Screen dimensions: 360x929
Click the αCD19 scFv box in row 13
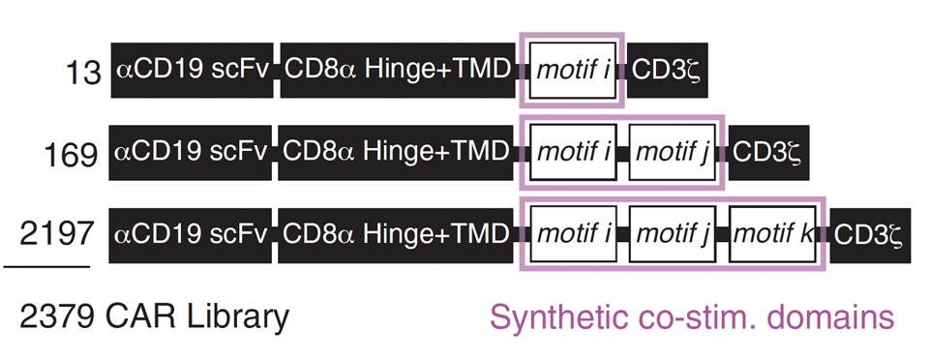[x=193, y=71]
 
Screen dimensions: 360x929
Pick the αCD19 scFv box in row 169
[x=193, y=152]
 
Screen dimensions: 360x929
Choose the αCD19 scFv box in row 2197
[x=193, y=233]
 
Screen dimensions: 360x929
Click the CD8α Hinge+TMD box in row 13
[x=397, y=71]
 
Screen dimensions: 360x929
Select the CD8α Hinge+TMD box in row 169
[x=397, y=152]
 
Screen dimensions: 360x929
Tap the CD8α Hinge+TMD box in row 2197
[x=397, y=233]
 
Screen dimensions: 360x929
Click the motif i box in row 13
[x=573, y=71]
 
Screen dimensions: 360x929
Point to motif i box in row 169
[x=573, y=152]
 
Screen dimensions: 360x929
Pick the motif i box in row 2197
[x=573, y=233]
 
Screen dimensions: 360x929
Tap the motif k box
[x=773, y=233]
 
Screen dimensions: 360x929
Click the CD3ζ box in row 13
[x=666, y=71]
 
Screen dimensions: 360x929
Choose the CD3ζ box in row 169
[x=768, y=152]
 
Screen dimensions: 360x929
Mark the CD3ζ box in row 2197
[x=870, y=233]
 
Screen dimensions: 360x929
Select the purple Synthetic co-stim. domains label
[x=692, y=316]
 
